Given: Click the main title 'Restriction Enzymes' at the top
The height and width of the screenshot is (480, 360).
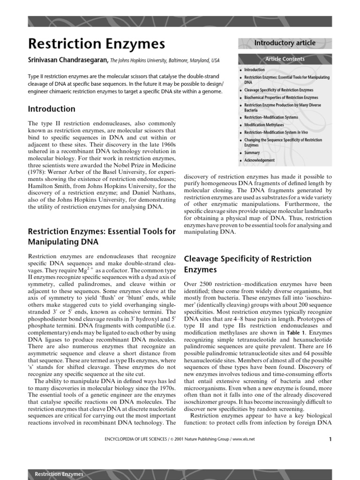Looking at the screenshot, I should coord(97,44).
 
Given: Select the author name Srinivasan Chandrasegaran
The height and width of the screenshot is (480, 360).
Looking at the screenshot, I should coord(68,60).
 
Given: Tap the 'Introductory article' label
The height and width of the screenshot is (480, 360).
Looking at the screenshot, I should coord(285,43).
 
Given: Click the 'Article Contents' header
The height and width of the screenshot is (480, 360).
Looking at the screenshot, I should coord(285,59).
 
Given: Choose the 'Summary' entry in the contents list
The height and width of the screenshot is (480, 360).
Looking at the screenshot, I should coord(252,153).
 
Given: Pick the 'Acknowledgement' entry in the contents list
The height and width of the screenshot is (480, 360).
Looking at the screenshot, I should coord(260,160).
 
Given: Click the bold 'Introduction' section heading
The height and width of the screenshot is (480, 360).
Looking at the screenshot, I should coord(52,109).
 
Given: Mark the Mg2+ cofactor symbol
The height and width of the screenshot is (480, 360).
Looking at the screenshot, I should coord(85,270).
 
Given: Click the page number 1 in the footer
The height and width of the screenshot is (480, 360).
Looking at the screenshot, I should coord(330,439).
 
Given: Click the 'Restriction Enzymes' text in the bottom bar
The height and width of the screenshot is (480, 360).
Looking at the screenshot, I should coord(59,474).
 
